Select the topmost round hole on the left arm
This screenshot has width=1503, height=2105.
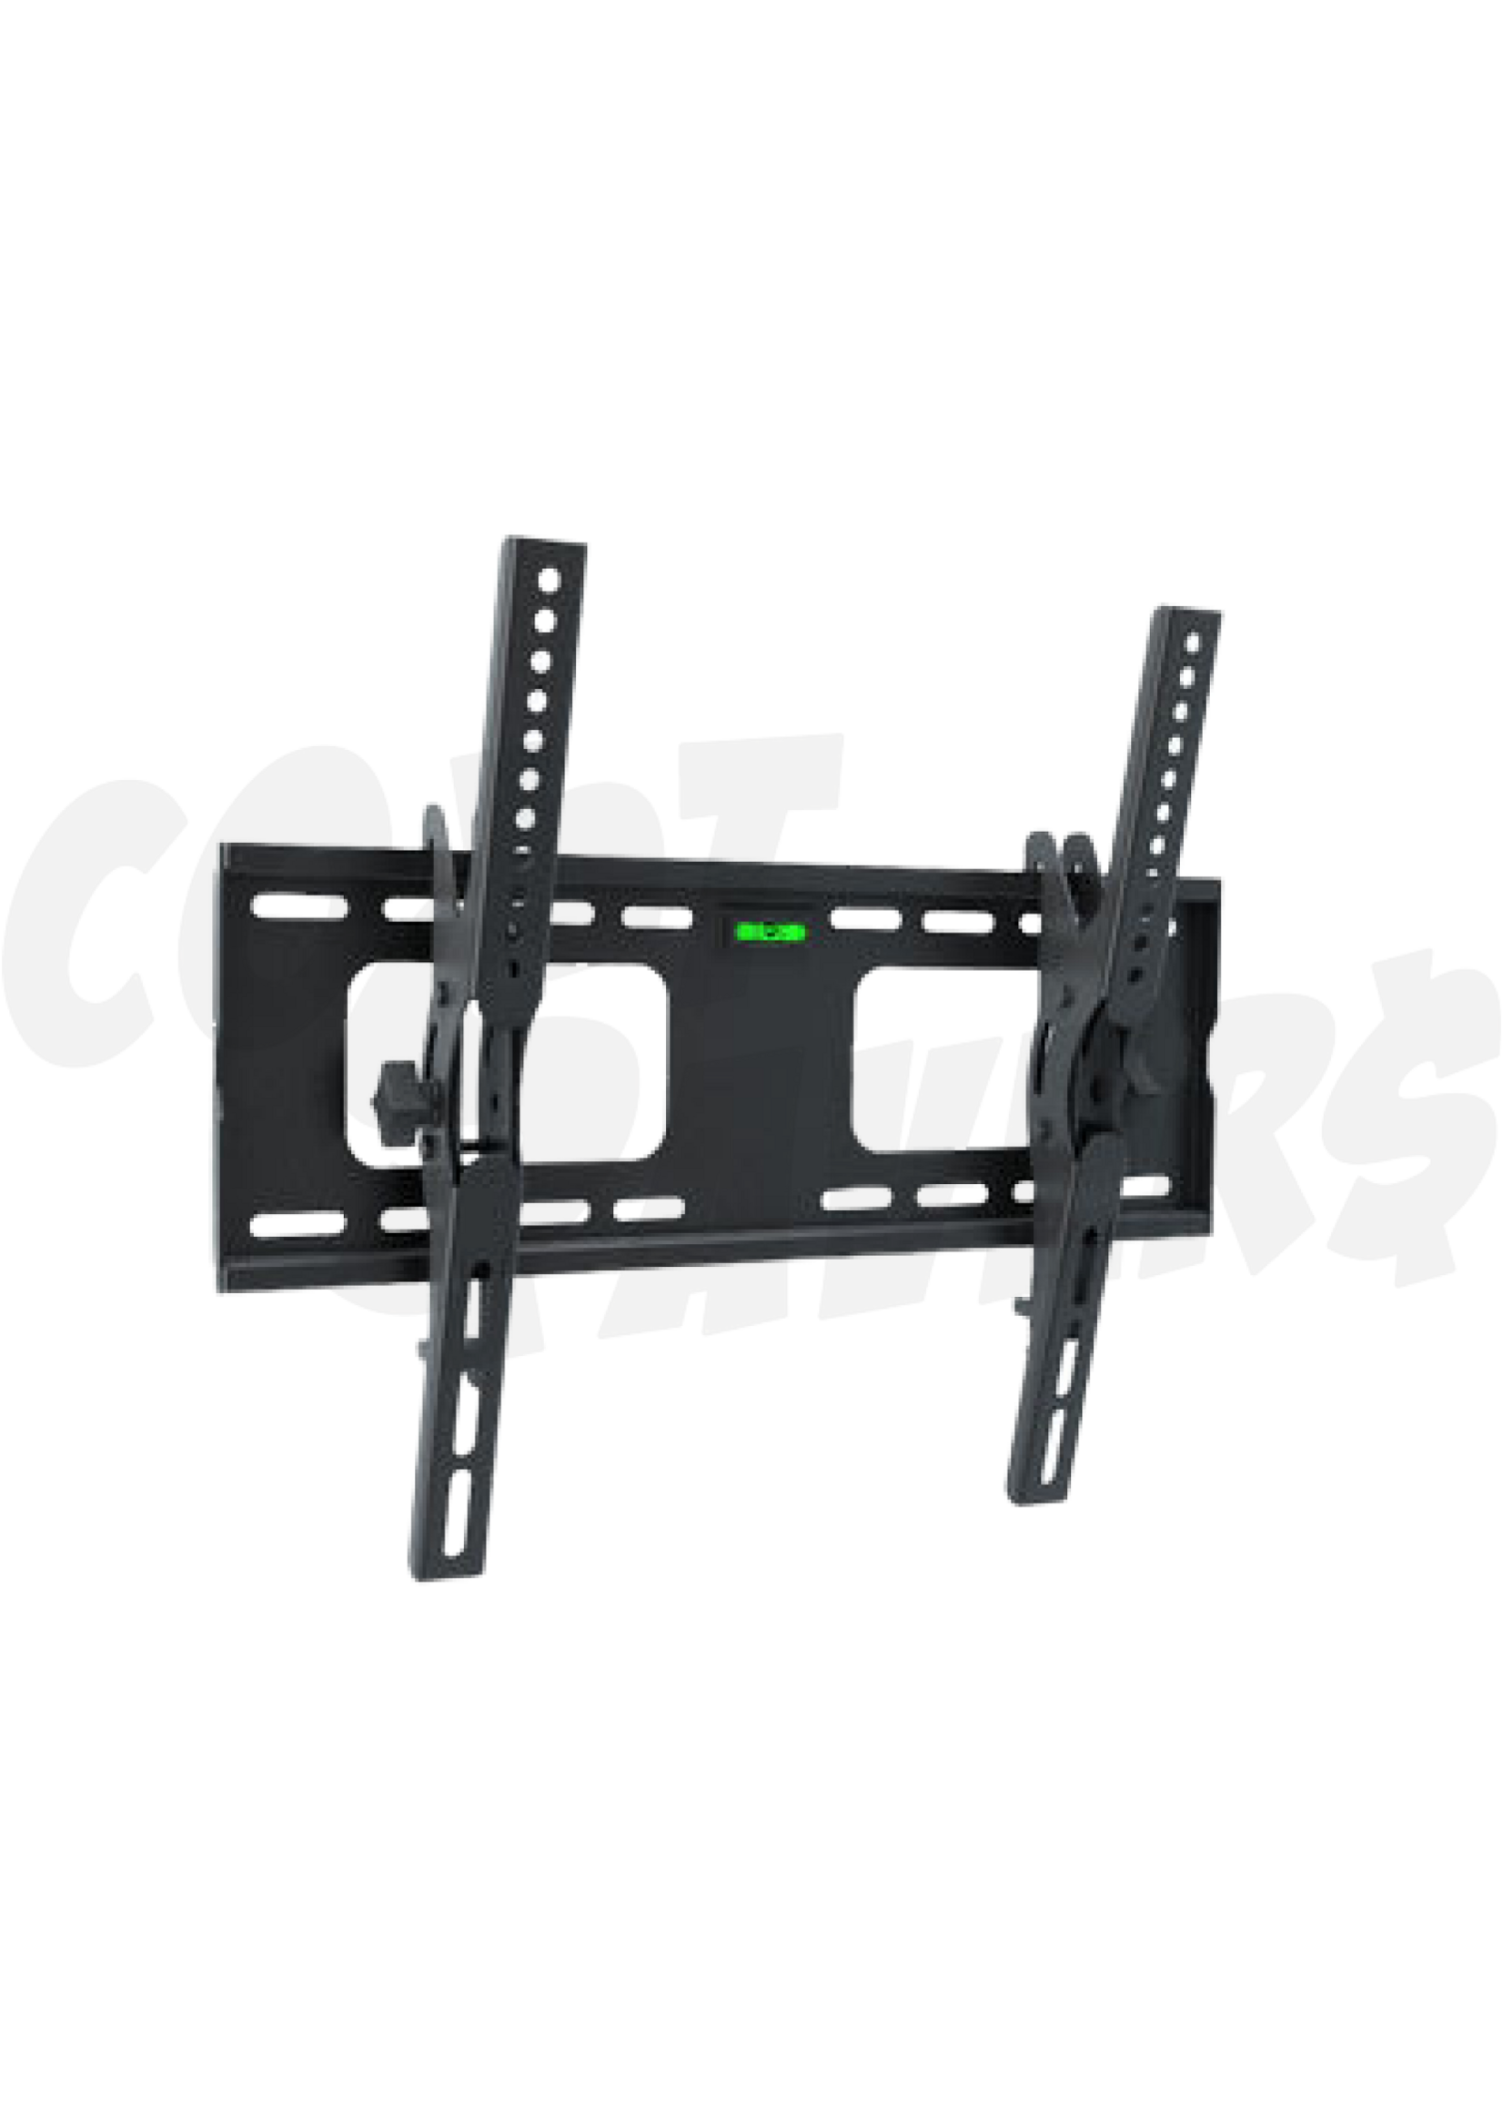(x=549, y=582)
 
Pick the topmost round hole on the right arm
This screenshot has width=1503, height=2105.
(x=1192, y=643)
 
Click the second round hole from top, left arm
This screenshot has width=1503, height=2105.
(x=545, y=622)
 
